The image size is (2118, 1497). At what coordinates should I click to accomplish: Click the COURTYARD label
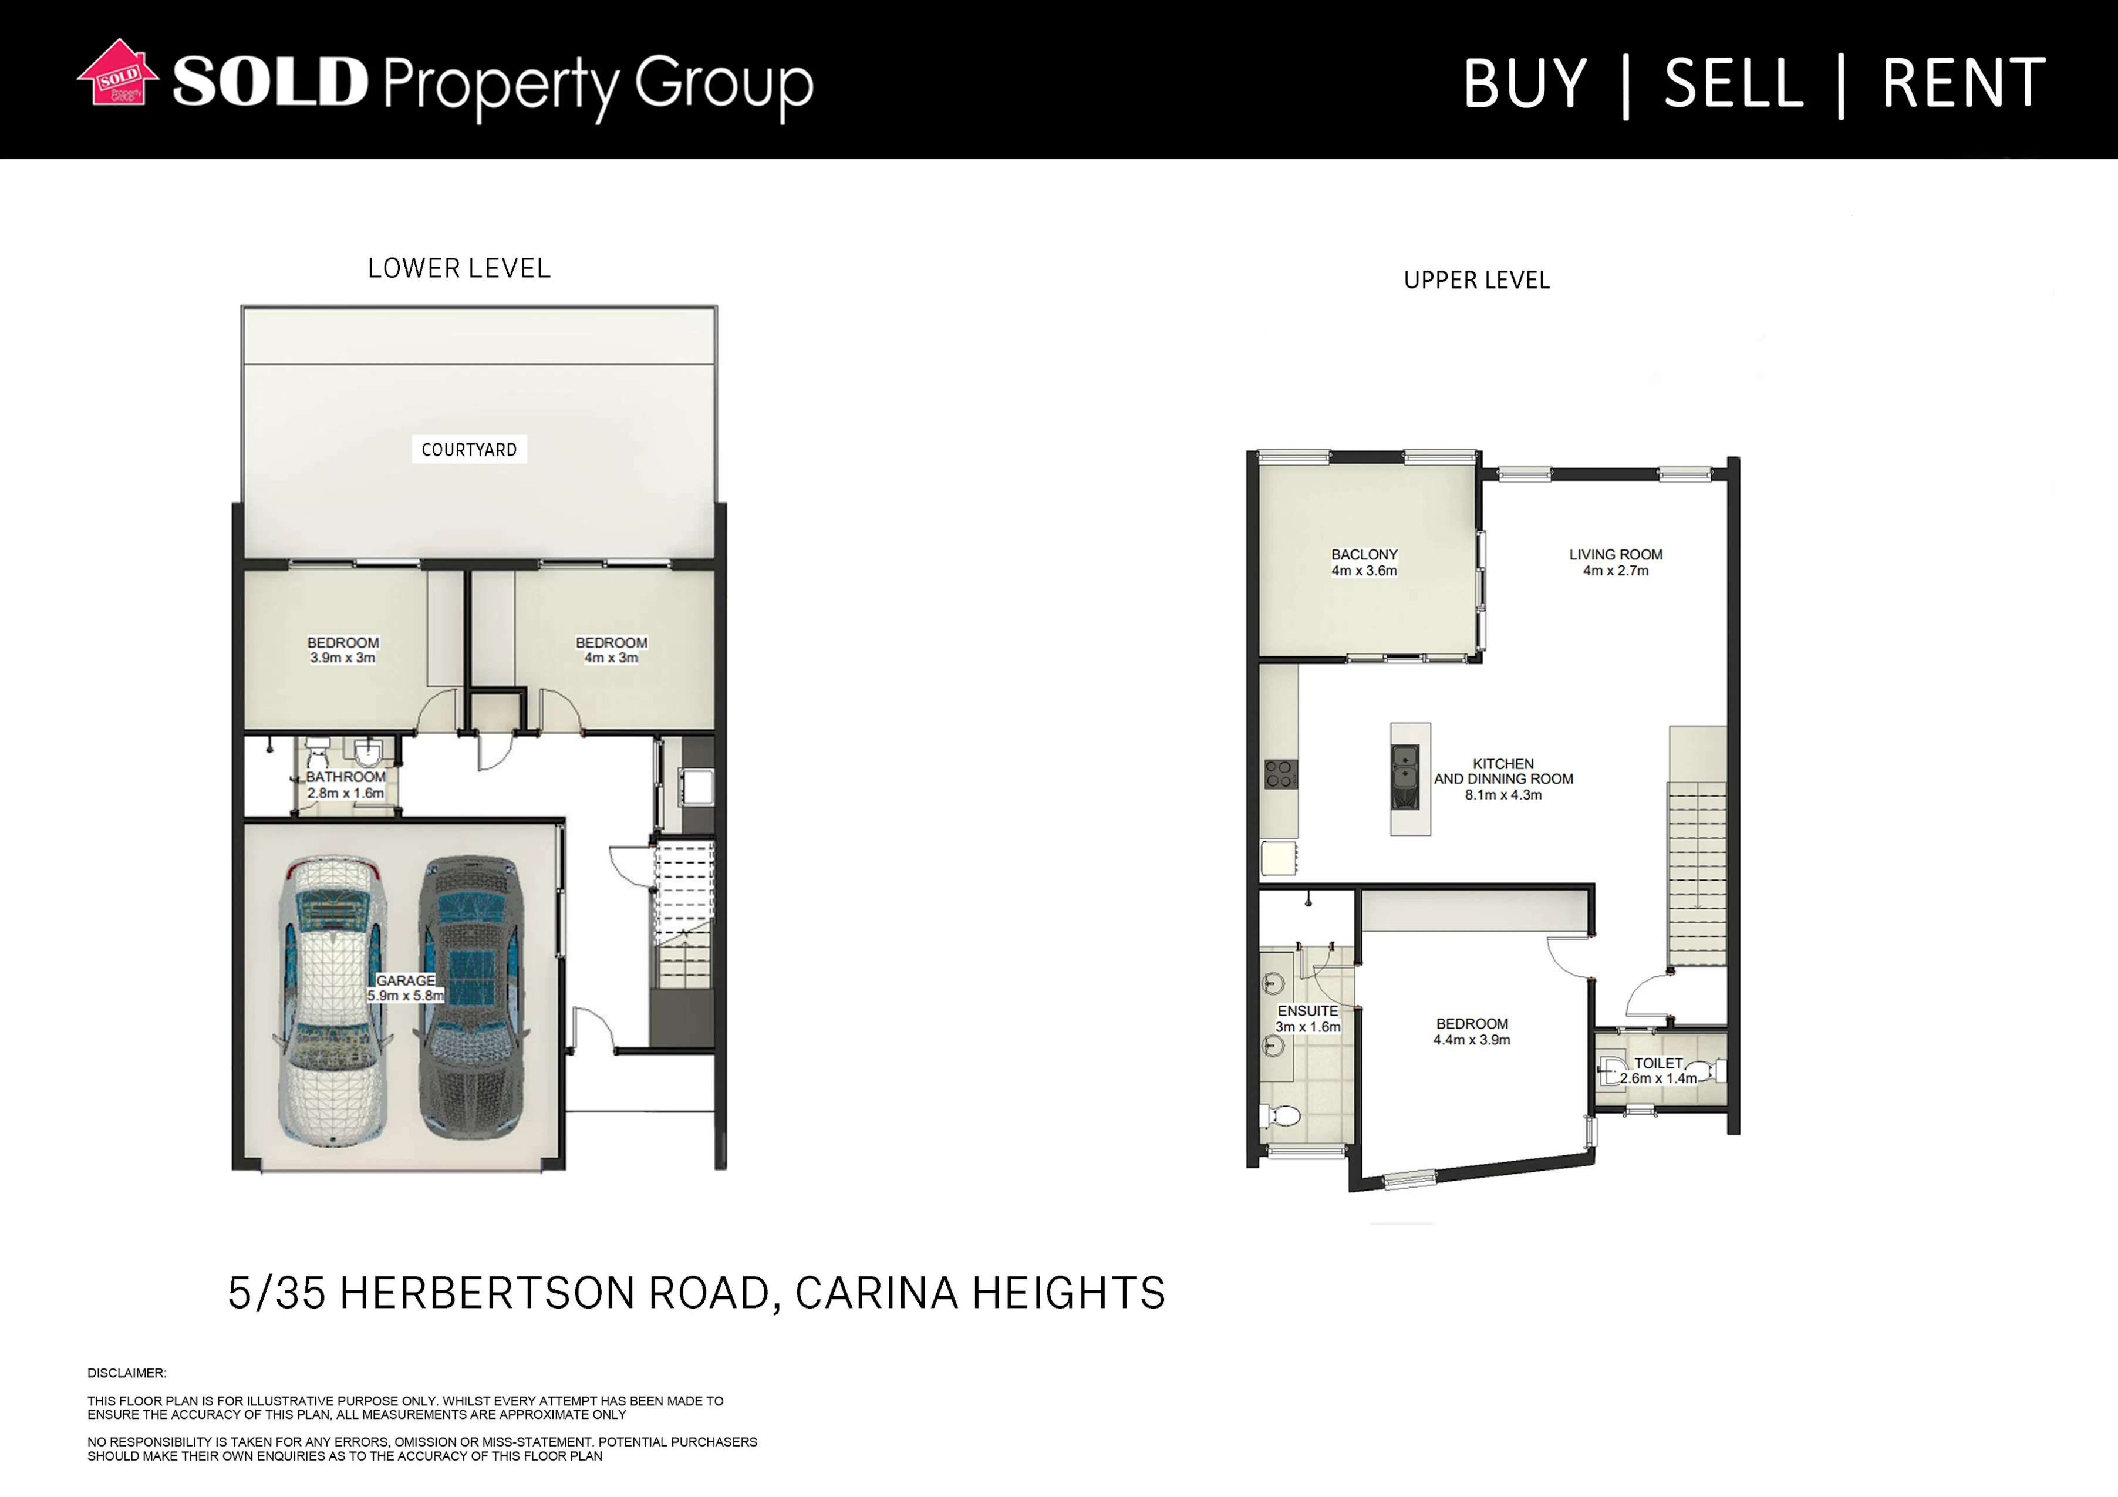pyautogui.click(x=468, y=449)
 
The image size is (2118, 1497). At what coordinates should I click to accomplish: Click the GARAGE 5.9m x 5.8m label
pyautogui.click(x=406, y=988)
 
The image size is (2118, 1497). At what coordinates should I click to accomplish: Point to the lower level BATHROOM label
pyautogui.click(x=346, y=785)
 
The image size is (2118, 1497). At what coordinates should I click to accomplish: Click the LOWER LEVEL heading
pyautogui.click(x=460, y=268)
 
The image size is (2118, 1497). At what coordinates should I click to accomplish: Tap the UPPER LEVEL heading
pyautogui.click(x=1477, y=281)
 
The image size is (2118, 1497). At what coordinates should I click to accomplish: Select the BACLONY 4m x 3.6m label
pyautogui.click(x=1364, y=562)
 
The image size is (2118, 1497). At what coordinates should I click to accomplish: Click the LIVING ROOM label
pyautogui.click(x=1616, y=562)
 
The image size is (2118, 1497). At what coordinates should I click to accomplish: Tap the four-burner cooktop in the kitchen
pyautogui.click(x=1280, y=774)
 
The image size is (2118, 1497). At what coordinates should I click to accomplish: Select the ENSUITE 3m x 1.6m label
pyautogui.click(x=1308, y=1019)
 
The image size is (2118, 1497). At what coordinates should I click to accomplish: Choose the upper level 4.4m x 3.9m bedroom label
pyautogui.click(x=1472, y=1032)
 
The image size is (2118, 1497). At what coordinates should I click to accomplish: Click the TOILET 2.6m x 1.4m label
pyautogui.click(x=1658, y=1071)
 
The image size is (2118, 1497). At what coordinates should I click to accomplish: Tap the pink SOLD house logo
pyautogui.click(x=117, y=72)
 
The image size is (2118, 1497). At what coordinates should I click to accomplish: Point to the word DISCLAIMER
pyautogui.click(x=127, y=1373)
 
